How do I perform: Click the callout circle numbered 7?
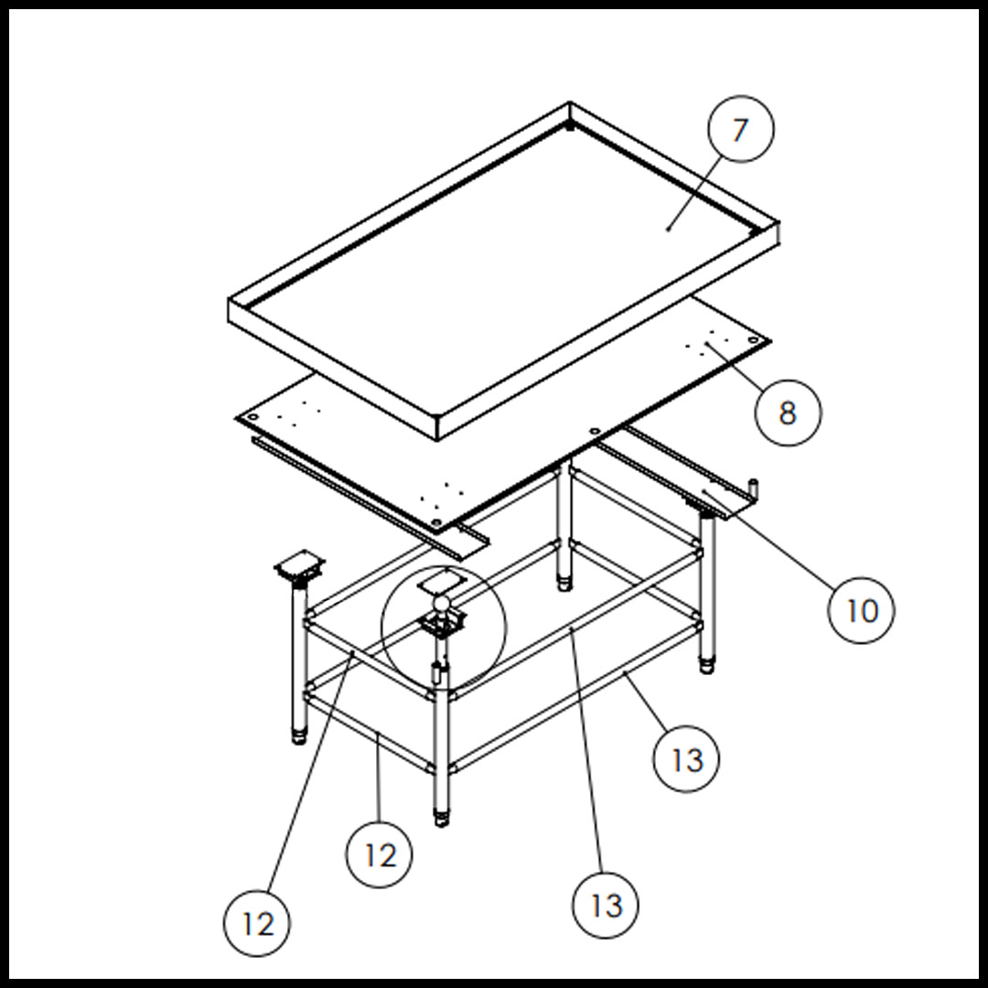pyautogui.click(x=740, y=129)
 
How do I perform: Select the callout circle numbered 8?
pyautogui.click(x=788, y=413)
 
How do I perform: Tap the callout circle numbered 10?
pyautogui.click(x=862, y=609)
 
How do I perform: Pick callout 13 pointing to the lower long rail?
pyautogui.click(x=687, y=758)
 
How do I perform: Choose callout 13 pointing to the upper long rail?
pyautogui.click(x=606, y=905)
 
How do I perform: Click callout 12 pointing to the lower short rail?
pyautogui.click(x=379, y=854)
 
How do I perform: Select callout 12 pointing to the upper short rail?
pyautogui.click(x=257, y=924)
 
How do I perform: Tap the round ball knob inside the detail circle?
pyautogui.click(x=442, y=603)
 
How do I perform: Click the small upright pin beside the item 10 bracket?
pyautogui.click(x=755, y=488)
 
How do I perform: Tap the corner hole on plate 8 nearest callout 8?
pyautogui.click(x=753, y=340)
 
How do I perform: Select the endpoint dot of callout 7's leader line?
pyautogui.click(x=669, y=228)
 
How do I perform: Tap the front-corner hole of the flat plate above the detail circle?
pyautogui.click(x=436, y=522)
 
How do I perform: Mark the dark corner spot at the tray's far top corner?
pyautogui.click(x=570, y=127)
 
